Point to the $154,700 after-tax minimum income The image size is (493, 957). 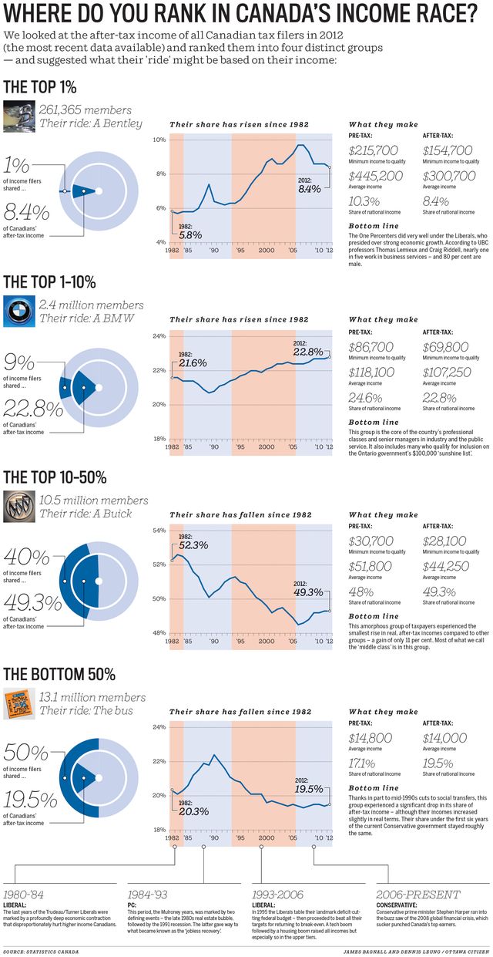click(448, 150)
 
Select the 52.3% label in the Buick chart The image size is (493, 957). click(193, 544)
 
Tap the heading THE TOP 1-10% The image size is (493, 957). click(50, 281)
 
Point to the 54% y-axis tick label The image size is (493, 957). click(159, 531)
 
